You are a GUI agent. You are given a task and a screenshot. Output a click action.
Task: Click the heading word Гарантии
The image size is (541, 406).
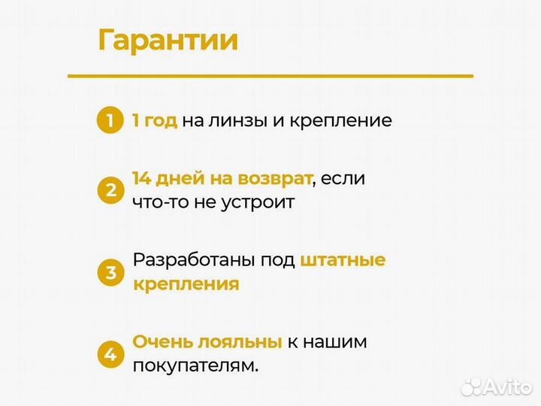click(168, 40)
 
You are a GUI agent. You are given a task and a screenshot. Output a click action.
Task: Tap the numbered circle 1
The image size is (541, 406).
click(110, 120)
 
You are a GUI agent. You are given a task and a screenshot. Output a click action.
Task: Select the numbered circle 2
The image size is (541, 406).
click(110, 190)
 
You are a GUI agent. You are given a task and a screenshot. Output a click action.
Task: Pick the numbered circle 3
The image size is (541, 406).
click(110, 272)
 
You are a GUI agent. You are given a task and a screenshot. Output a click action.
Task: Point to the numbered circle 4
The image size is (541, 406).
click(110, 353)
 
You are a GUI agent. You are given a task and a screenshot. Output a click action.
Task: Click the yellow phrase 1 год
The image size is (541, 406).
click(154, 120)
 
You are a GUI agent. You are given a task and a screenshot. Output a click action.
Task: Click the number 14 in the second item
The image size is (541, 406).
click(141, 179)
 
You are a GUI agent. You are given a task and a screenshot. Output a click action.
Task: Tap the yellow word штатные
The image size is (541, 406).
click(343, 261)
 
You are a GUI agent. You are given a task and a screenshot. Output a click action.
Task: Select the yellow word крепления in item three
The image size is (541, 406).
click(186, 284)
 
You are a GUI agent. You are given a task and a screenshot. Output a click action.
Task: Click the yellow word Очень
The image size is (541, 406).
click(162, 342)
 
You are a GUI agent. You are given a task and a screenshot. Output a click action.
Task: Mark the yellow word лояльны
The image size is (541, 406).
click(240, 342)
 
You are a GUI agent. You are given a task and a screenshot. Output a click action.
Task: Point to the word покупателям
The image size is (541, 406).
click(195, 365)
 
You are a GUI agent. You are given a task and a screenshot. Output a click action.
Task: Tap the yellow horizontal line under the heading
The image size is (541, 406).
click(270, 76)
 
